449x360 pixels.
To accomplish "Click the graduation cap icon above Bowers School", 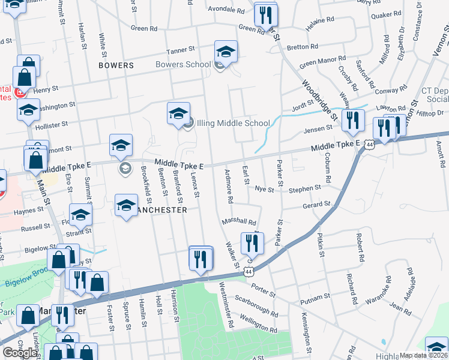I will [x=226, y=52].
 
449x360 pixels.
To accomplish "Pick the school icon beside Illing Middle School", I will [x=178, y=113].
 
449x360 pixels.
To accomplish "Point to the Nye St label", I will [x=264, y=189].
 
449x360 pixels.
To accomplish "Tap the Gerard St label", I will [x=316, y=205].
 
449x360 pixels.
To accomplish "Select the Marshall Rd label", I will [x=240, y=221].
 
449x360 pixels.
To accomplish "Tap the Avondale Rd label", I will [x=226, y=11].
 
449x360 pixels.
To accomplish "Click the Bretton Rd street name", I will [x=303, y=47].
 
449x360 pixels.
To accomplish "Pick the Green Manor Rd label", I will [x=323, y=61].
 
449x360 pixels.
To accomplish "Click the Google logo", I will [x=20, y=353].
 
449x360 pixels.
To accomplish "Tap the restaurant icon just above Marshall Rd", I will [x=252, y=243].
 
